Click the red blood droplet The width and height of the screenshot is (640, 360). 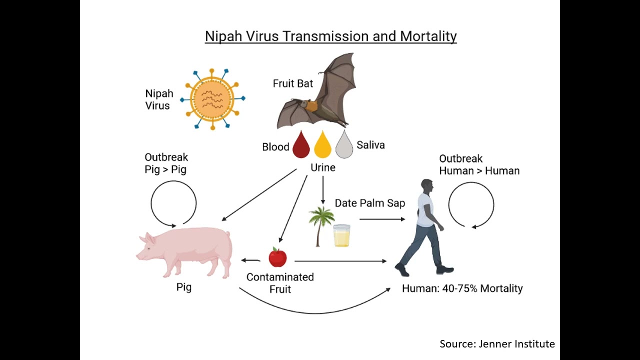(x=301, y=145)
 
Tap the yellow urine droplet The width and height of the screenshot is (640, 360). (x=322, y=145)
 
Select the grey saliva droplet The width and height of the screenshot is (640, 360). (x=344, y=145)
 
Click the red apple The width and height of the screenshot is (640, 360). (x=277, y=257)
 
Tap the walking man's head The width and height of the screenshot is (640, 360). (x=427, y=187)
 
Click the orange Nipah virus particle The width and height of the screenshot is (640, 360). (x=212, y=99)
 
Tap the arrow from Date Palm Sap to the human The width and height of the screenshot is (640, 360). (x=382, y=219)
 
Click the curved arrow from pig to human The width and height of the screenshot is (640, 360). (x=315, y=312)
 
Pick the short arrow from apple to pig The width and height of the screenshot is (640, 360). (x=251, y=260)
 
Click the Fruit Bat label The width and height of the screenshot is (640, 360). (x=293, y=83)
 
